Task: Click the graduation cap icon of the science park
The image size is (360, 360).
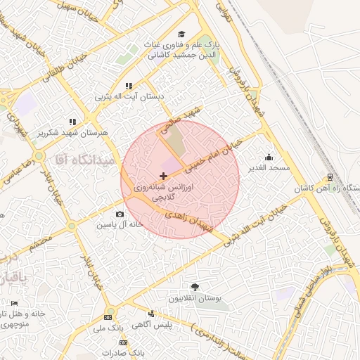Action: [x=181, y=34]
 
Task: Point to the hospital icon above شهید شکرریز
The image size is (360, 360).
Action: [x=72, y=122]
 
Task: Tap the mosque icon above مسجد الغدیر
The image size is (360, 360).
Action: [x=269, y=157]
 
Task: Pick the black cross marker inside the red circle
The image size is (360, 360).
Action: [x=164, y=175]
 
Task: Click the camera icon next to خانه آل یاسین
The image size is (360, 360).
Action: [x=120, y=214]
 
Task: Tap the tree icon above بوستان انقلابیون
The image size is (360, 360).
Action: [x=195, y=287]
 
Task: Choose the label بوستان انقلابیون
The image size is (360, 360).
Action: [x=195, y=298]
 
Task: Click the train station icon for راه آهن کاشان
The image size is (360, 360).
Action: [x=330, y=177]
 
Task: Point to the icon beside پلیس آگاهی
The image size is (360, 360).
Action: [x=151, y=314]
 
